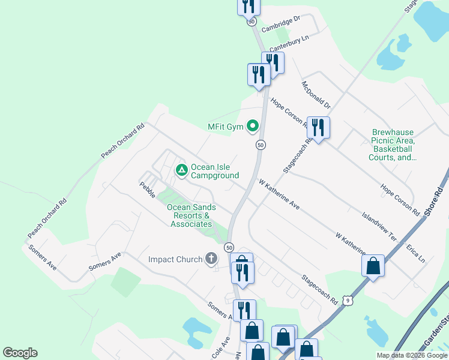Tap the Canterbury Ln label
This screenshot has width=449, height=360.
tap(289, 43)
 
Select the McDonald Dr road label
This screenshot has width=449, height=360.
tap(316, 95)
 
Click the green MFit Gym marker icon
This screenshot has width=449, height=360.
tap(253, 126)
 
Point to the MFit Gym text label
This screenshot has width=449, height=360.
tap(226, 127)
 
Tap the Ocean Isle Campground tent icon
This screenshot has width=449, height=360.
tap(181, 170)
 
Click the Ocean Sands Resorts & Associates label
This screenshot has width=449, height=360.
tap(191, 215)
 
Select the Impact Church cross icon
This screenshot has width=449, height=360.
tap(211, 259)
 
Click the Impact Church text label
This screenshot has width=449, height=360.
tap(175, 259)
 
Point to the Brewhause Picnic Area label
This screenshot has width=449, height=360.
tap(394, 145)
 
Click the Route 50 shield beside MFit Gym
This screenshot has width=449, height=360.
tap(261, 145)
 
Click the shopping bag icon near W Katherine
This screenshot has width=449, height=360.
tap(373, 266)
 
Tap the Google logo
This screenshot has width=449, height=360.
tap(20, 353)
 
